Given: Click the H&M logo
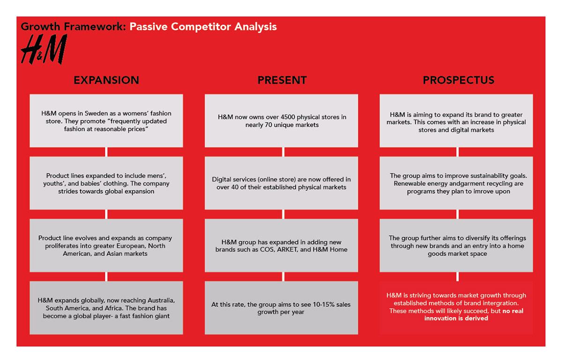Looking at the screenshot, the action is pos(44,49).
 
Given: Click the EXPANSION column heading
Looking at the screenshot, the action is pos(106,80).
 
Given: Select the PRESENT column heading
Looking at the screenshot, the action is pos(282,80).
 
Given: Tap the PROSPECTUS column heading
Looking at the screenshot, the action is pos(458,80).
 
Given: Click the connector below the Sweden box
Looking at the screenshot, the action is pos(106,152).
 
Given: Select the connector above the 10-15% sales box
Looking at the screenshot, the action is pos(283,276).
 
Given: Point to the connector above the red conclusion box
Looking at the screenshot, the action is pos(458,276).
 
